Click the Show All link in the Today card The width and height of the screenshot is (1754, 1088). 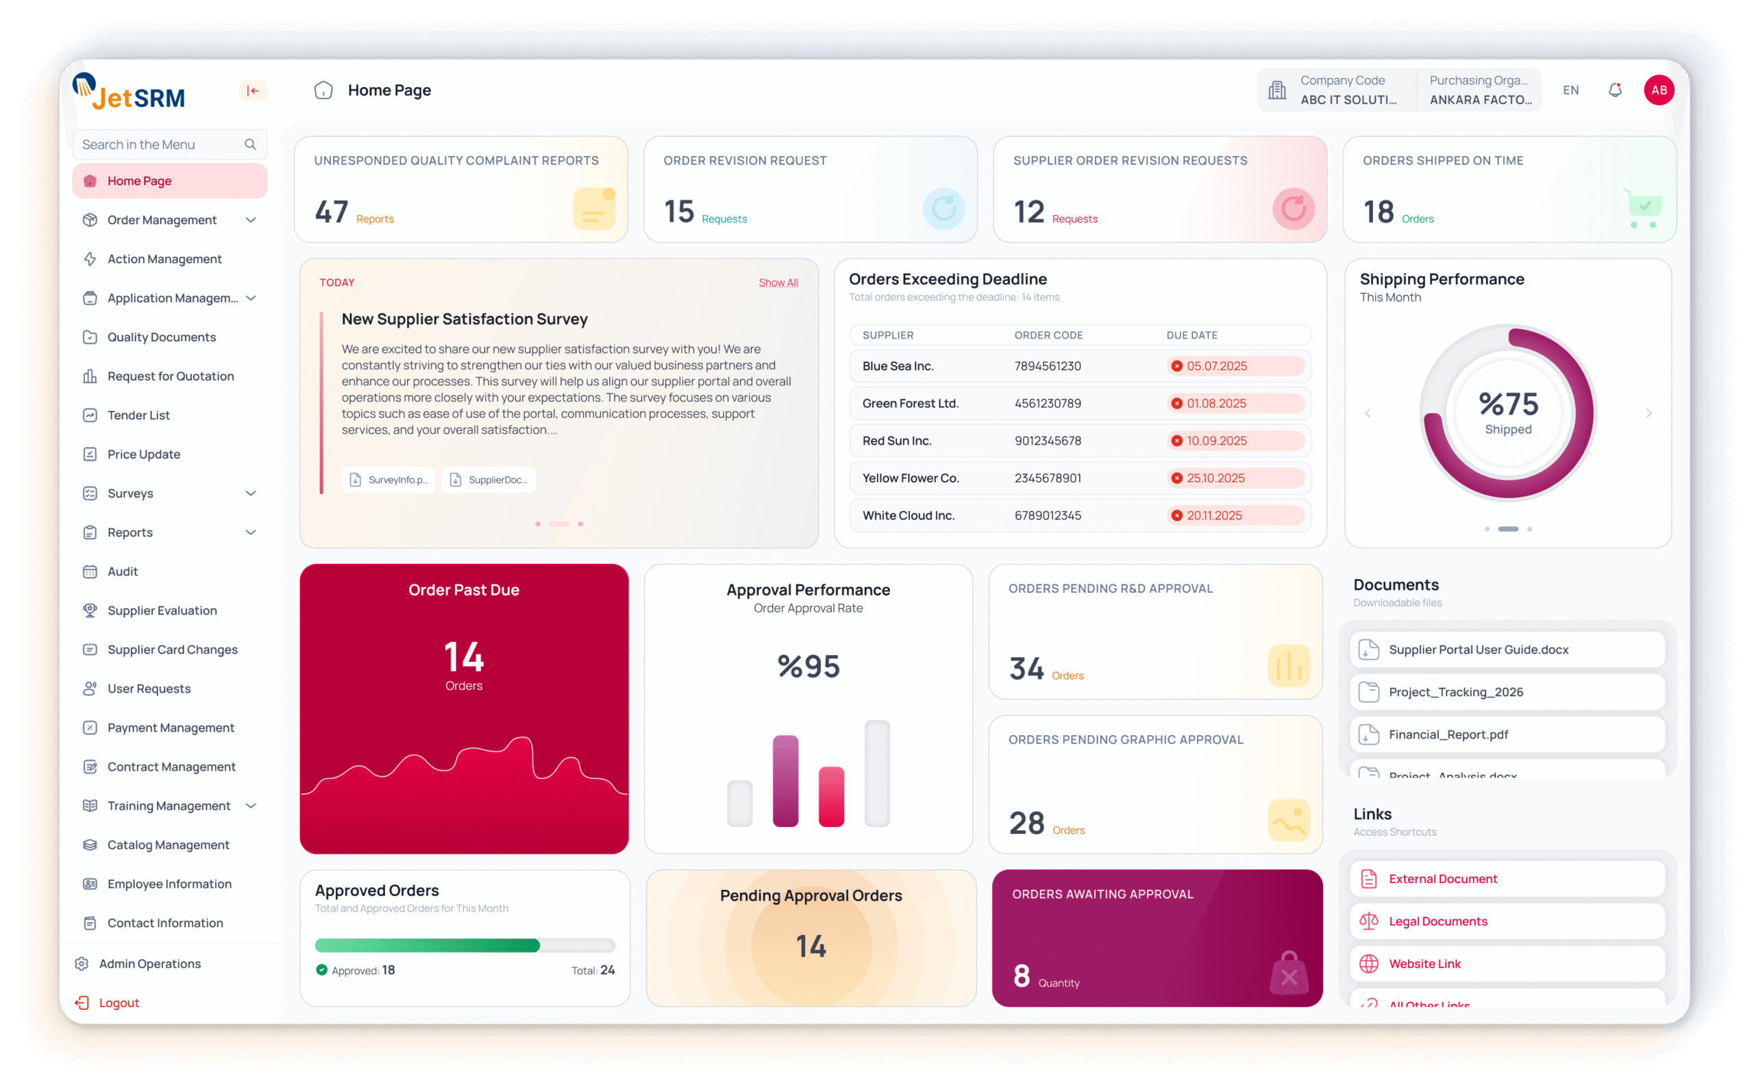click(778, 283)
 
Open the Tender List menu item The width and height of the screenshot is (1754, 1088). click(138, 415)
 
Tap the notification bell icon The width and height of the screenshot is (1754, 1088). click(1614, 90)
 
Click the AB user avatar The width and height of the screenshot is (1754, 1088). click(1658, 90)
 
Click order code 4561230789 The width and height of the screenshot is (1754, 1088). click(1047, 404)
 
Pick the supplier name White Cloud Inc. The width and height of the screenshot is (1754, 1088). click(908, 516)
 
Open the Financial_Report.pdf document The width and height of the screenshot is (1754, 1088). click(1448, 734)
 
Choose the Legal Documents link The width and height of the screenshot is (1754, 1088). click(1437, 922)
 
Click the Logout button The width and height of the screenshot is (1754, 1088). click(119, 1003)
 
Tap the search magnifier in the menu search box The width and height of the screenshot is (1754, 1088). click(250, 145)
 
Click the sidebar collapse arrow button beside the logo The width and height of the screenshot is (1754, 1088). click(253, 90)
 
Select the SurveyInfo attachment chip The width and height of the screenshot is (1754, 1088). click(388, 480)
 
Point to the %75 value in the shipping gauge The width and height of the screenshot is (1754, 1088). click(1508, 404)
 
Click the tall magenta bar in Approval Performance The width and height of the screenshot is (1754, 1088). click(785, 781)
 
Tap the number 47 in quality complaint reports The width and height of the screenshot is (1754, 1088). click(331, 212)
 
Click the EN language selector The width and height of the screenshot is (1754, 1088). click(1570, 90)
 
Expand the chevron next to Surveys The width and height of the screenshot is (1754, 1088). click(250, 493)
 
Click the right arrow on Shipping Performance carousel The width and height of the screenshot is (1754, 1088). click(1648, 413)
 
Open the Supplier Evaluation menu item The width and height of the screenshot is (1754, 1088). click(162, 611)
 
